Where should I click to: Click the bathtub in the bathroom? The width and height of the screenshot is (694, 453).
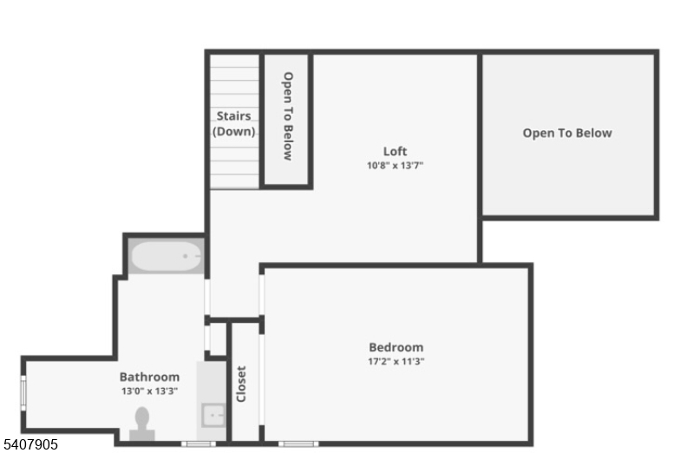166,256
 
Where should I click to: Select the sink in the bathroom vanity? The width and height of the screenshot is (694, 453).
213,415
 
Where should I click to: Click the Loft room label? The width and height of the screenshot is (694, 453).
395,151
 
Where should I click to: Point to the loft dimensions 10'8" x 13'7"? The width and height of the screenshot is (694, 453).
395,165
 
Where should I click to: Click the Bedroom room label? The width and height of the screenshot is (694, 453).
396,347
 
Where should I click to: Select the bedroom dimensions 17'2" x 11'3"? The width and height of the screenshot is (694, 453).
396,361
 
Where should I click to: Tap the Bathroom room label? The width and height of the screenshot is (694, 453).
149,377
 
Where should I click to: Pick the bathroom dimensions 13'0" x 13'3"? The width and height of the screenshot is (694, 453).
149,391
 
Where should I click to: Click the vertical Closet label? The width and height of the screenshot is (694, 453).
241,384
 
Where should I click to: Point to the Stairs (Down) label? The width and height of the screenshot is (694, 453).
234,123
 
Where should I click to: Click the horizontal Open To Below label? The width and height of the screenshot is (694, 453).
566,133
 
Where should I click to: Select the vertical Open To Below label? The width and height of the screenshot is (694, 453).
287,115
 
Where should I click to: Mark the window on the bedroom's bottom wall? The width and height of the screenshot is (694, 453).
298,443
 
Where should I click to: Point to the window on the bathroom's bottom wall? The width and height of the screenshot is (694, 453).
199,443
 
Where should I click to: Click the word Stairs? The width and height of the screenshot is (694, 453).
234,115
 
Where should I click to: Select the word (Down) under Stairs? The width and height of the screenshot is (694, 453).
234,132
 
